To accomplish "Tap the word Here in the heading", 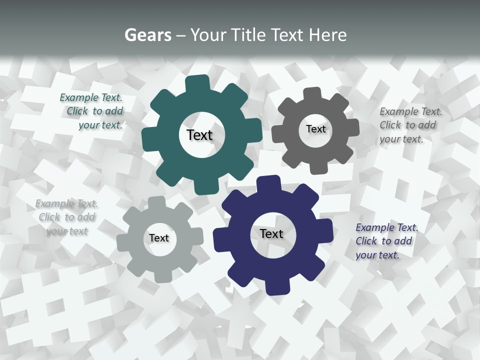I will click(328, 35).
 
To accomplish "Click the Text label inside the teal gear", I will click(199, 135).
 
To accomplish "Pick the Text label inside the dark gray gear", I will click(315, 129).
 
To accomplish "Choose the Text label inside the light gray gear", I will click(159, 238).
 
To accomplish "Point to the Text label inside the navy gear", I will click(271, 233).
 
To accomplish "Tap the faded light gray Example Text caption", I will click(67, 217).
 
